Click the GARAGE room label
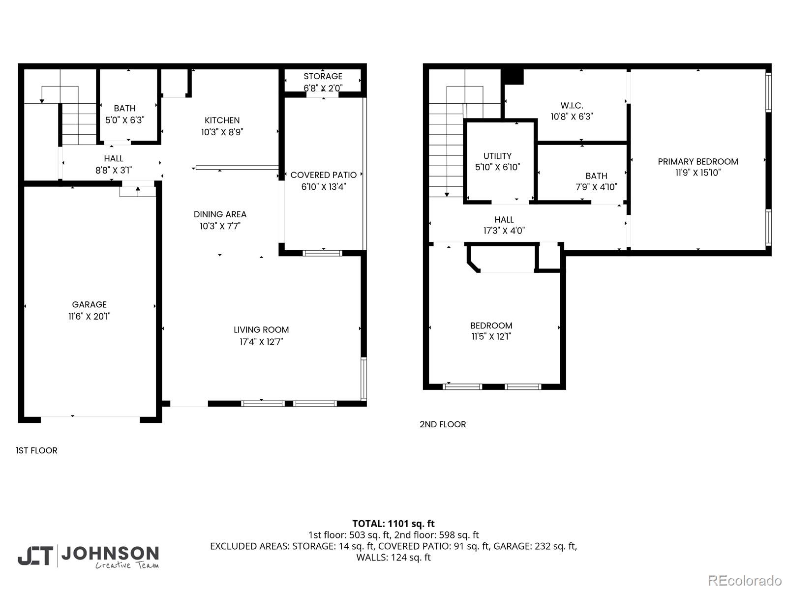tap(89, 305)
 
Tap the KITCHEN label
tap(222, 120)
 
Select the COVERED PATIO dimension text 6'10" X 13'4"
tap(324, 187)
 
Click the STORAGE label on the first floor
tap(323, 76)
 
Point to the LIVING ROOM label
tap(261, 330)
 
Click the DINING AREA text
tap(220, 214)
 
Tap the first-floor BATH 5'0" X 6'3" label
tap(124, 114)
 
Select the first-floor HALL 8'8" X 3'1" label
tap(114, 164)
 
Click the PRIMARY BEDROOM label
tap(697, 162)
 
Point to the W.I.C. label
tap(572, 106)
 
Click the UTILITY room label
tap(497, 156)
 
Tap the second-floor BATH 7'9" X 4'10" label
tap(596, 181)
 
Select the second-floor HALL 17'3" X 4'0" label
tap(504, 225)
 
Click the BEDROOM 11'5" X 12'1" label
tap(491, 331)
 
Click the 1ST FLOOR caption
tap(37, 450)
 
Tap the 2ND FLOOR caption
tap(443, 424)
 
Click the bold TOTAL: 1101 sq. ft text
tap(393, 524)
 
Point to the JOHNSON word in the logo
tap(110, 553)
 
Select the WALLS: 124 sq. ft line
tap(393, 557)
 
